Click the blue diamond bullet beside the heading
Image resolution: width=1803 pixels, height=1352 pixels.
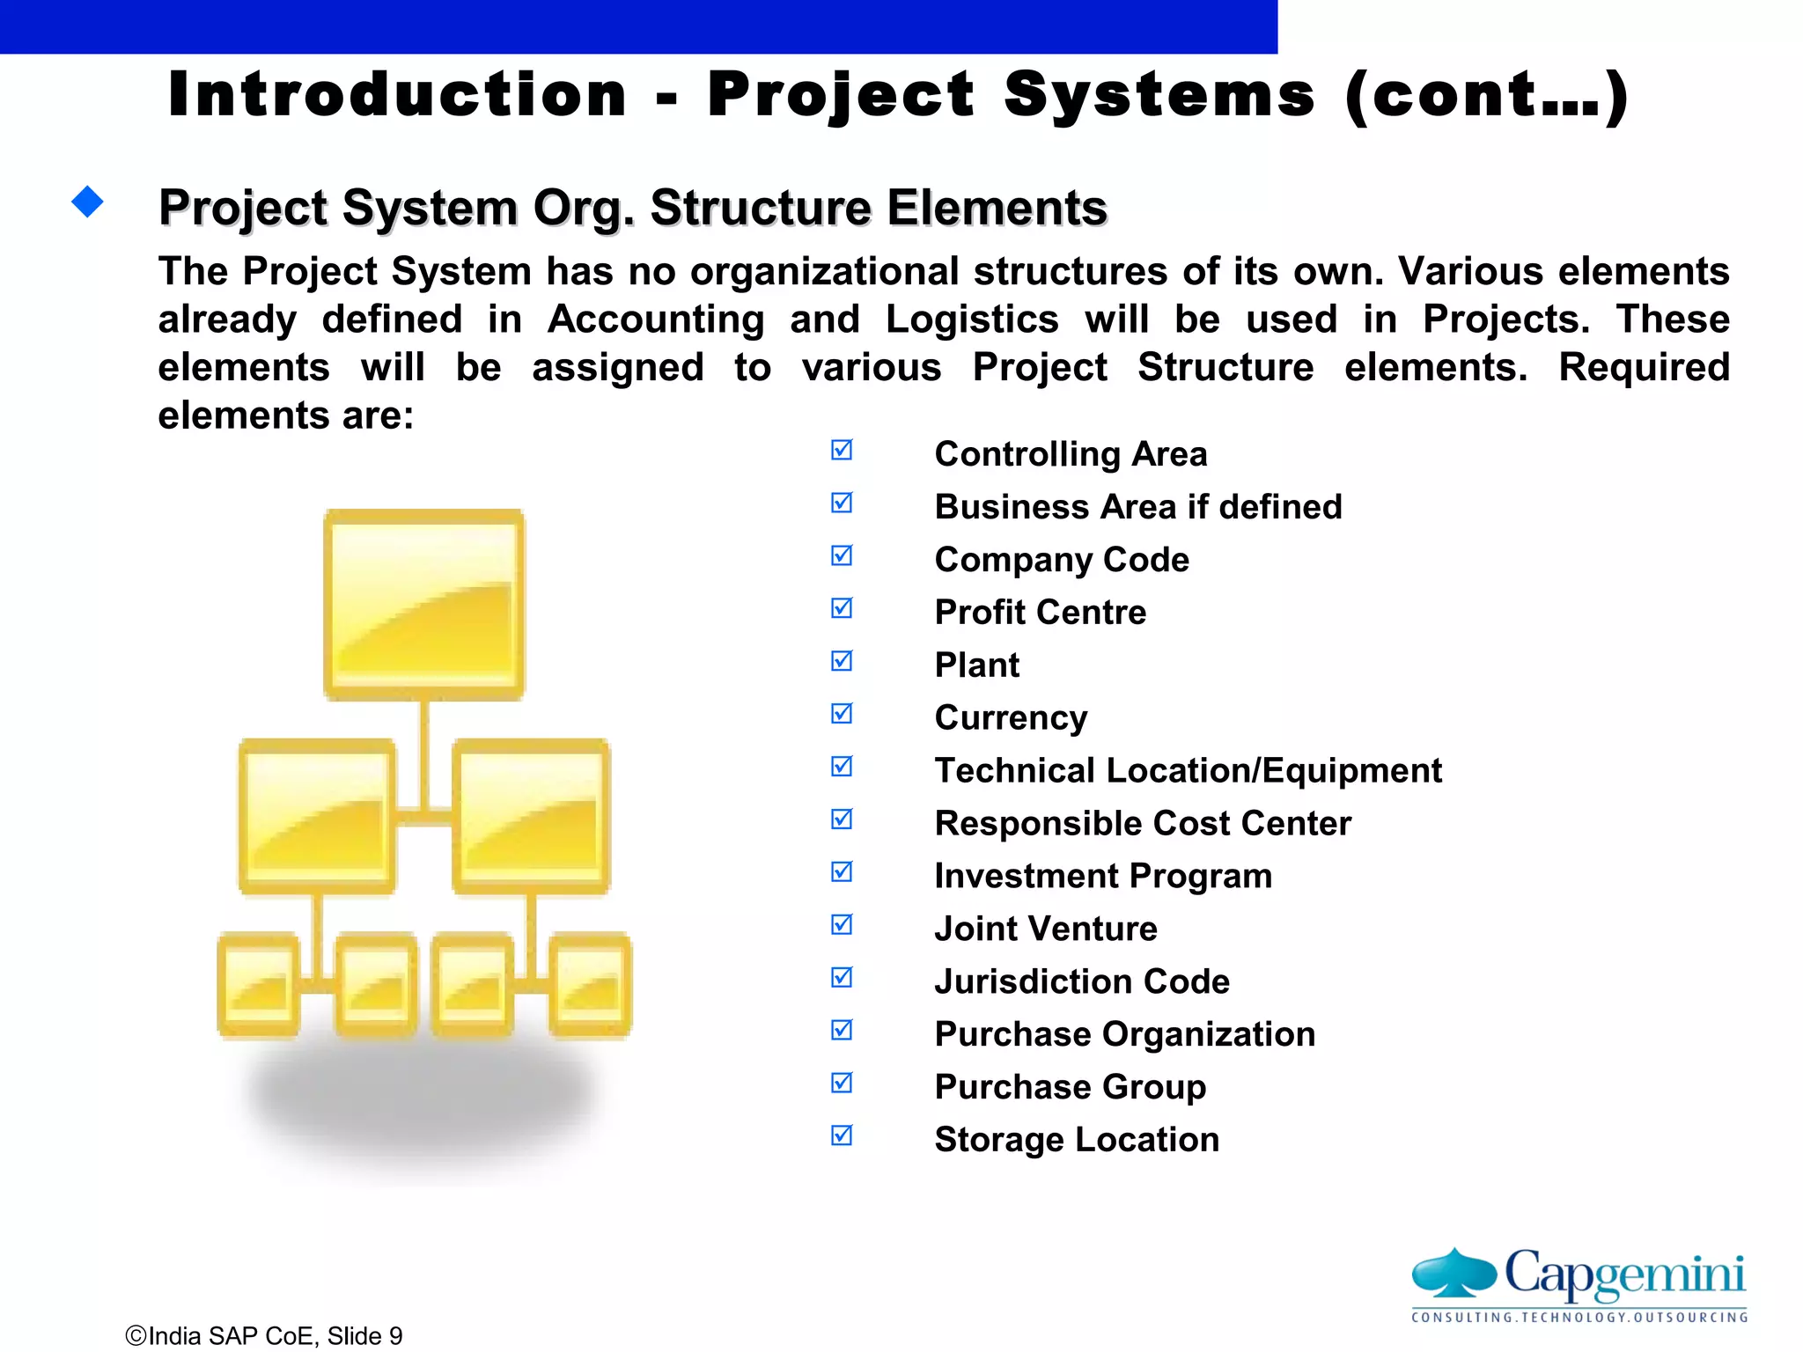tap(87, 202)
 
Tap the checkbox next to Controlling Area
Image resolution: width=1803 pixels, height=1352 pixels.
tap(842, 451)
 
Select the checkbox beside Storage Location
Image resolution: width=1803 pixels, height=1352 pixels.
tap(842, 1135)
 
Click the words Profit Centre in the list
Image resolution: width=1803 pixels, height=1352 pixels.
tap(1040, 613)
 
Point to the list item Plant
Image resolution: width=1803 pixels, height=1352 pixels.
tap(976, 665)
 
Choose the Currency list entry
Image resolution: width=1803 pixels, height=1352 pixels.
tap(1011, 718)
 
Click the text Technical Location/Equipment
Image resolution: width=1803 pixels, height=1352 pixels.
tap(1188, 771)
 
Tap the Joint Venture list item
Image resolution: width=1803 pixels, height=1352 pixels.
tap(1045, 929)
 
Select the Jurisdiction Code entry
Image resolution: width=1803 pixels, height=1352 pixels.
tap(1081, 981)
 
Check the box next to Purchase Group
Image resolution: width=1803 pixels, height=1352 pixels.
tap(842, 1083)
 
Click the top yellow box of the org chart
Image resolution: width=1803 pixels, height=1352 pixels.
tap(424, 605)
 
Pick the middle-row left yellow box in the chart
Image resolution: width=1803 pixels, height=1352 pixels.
tap(317, 816)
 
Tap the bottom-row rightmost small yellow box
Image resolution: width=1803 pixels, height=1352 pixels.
tap(590, 985)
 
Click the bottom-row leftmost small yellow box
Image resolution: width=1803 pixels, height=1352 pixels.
tap(259, 985)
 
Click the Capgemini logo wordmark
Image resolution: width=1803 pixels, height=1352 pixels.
tap(1624, 1274)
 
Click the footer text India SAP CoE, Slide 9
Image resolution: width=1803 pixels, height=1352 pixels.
tap(264, 1336)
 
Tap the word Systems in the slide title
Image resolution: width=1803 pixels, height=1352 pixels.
tap(1159, 95)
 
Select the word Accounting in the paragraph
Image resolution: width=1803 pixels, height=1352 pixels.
tap(656, 320)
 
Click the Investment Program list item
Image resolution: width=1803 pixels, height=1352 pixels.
tap(1102, 876)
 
